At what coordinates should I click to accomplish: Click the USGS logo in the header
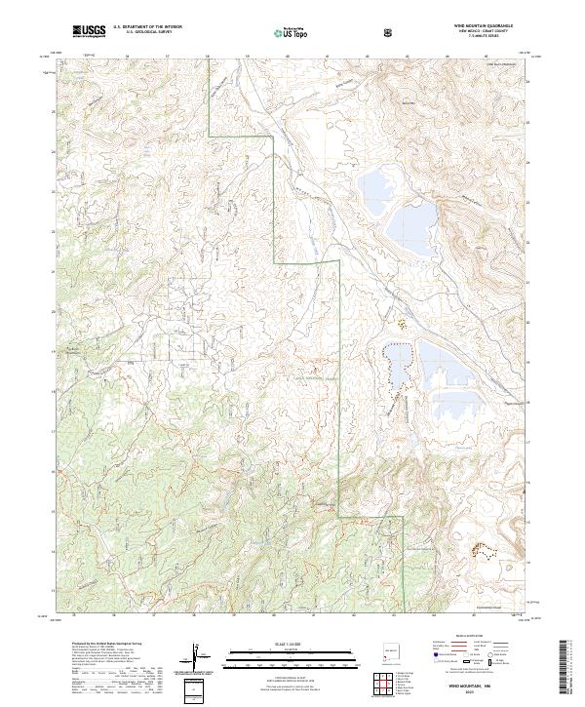pos(89,31)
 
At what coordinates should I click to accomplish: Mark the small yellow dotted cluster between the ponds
pos(399,319)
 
